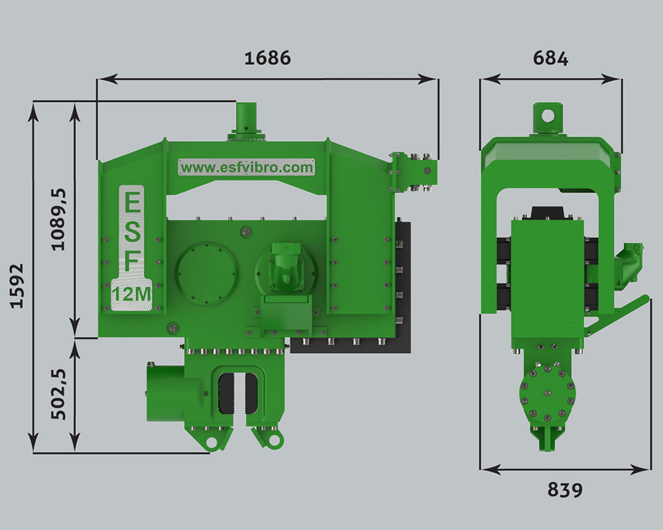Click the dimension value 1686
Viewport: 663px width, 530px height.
click(268, 58)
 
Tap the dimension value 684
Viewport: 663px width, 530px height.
click(550, 58)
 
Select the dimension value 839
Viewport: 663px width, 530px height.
click(565, 490)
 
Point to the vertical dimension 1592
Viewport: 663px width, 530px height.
click(17, 286)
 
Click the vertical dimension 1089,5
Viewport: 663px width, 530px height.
click(58, 219)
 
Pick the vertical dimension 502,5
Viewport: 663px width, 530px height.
click(58, 394)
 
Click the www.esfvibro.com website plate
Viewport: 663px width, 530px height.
click(247, 168)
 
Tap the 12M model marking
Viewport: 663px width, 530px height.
click(131, 293)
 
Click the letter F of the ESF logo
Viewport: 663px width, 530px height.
click(133, 262)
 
